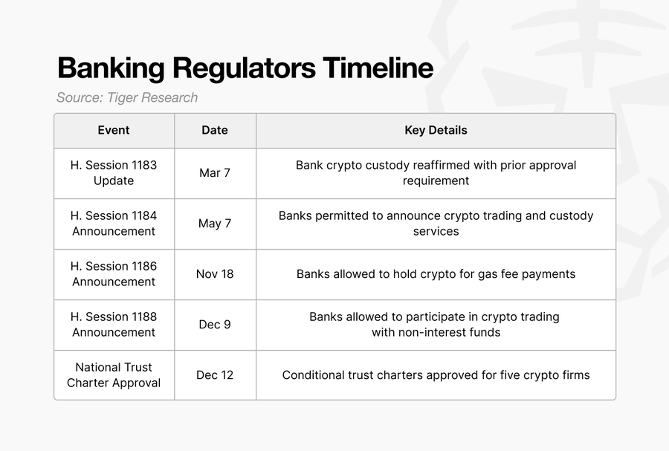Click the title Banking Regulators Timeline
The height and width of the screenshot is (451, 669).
click(245, 68)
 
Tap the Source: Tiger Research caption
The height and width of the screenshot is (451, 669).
click(127, 97)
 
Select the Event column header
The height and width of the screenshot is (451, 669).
click(114, 130)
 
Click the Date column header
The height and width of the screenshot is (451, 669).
click(215, 130)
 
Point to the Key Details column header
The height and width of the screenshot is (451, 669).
click(436, 131)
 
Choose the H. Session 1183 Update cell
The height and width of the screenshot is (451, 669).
click(114, 172)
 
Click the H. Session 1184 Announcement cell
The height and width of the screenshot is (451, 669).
click(114, 224)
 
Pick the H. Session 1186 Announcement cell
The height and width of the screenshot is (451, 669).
click(114, 273)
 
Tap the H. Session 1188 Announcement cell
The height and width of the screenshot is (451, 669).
click(114, 325)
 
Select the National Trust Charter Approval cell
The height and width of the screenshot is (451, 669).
click(114, 375)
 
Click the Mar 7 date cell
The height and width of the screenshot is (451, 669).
click(215, 172)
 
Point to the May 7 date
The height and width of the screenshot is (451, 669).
click(215, 224)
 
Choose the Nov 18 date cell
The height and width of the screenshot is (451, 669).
click(215, 273)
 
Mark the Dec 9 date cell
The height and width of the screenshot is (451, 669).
click(215, 325)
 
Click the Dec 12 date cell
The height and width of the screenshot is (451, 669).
click(215, 375)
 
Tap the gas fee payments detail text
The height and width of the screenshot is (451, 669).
click(436, 274)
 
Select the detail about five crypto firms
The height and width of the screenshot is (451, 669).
click(436, 375)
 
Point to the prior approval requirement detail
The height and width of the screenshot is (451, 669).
click(436, 173)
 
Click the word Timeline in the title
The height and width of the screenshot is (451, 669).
click(378, 68)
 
